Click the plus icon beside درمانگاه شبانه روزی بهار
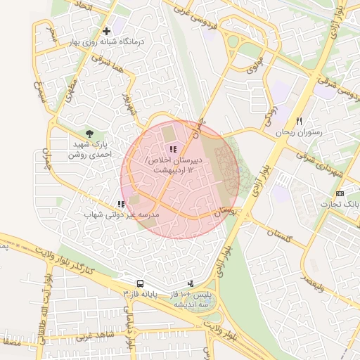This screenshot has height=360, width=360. [x=106, y=31]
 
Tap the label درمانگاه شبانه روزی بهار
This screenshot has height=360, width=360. [x=113, y=42]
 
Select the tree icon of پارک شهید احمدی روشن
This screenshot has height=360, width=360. [x=89, y=133]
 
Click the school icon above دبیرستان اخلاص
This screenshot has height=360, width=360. [x=173, y=148]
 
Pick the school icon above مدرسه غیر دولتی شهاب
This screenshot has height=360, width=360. [x=122, y=204]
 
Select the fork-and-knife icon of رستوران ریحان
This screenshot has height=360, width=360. [x=299, y=121]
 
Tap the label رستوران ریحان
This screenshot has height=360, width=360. [x=298, y=132]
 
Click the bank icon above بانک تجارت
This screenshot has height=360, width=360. [x=340, y=193]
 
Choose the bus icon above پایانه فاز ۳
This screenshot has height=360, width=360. [x=140, y=282]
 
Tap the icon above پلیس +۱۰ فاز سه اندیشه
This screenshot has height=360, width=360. [x=190, y=283]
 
